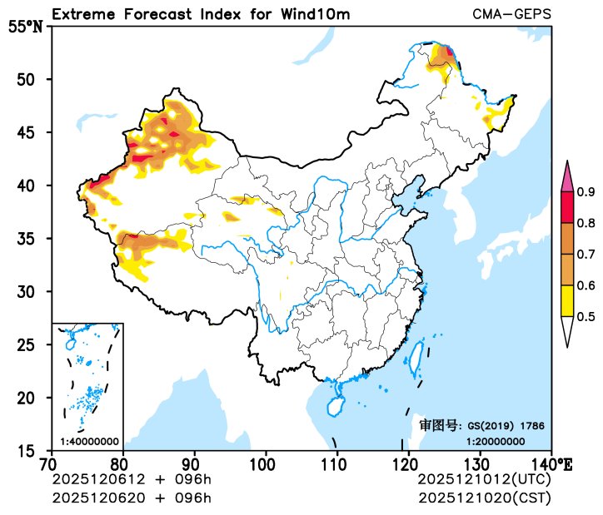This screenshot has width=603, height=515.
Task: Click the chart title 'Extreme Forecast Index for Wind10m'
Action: [x=200, y=14]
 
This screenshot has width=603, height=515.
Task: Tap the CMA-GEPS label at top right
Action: [x=511, y=14]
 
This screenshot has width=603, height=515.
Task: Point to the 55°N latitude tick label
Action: [x=25, y=27]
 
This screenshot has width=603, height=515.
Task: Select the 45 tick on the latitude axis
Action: [x=31, y=132]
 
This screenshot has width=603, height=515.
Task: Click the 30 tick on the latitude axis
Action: [x=31, y=291]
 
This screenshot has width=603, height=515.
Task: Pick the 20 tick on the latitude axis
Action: [x=31, y=398]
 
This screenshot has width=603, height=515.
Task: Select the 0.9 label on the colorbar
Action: [x=586, y=192]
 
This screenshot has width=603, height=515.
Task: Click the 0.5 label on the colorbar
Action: [x=586, y=316]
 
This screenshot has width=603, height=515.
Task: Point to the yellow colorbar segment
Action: [x=567, y=300]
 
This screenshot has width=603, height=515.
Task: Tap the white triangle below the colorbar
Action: [x=567, y=330]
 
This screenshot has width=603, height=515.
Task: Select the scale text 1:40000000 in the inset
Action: [x=89, y=441]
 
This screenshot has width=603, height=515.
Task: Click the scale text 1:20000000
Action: [x=495, y=441]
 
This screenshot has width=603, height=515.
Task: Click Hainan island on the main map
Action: [x=335, y=405]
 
